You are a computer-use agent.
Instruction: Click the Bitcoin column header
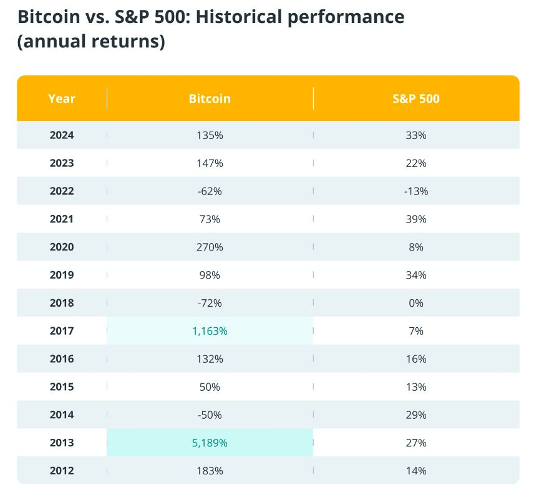pyautogui.click(x=210, y=98)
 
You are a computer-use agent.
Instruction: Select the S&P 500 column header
pyautogui.click(x=416, y=98)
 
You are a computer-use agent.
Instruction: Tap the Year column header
pyautogui.click(x=62, y=98)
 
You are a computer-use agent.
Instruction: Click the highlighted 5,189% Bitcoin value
pyautogui.click(x=210, y=443)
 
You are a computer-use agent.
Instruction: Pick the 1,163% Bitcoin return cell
pyautogui.click(x=210, y=331)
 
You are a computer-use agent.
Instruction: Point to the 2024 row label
pyautogui.click(x=62, y=135)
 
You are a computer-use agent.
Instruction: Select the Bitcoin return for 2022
pyautogui.click(x=210, y=191)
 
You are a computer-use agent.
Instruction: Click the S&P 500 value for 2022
pyautogui.click(x=416, y=191)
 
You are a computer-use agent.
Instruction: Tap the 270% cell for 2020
pyautogui.click(x=210, y=247)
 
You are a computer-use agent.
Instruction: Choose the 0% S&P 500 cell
pyautogui.click(x=416, y=303)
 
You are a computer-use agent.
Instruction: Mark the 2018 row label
pyautogui.click(x=62, y=303)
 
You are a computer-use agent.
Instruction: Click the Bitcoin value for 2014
pyautogui.click(x=210, y=415)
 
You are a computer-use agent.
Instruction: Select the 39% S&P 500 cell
pyautogui.click(x=416, y=219)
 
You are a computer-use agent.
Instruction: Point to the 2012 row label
pyautogui.click(x=62, y=471)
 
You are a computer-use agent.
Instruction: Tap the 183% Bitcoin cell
pyautogui.click(x=210, y=471)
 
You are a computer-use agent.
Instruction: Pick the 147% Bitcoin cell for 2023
pyautogui.click(x=210, y=163)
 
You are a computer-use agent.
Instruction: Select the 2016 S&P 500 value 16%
pyautogui.click(x=416, y=359)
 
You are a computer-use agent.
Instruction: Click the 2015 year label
pyautogui.click(x=62, y=387)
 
